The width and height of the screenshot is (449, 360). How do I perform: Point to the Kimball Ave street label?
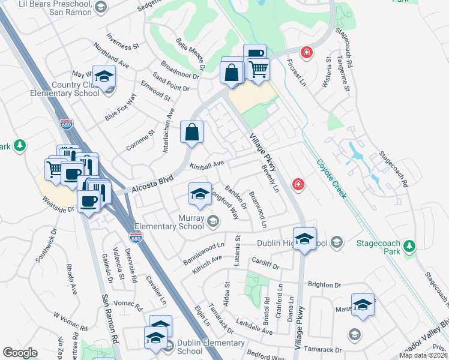click(x=206, y=164)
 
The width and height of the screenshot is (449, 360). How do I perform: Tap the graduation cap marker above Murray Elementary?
click(x=200, y=194)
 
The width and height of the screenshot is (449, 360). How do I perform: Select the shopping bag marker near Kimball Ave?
click(x=191, y=133)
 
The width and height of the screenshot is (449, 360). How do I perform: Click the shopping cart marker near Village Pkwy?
click(x=258, y=68)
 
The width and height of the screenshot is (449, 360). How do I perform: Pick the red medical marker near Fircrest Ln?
click(x=307, y=53)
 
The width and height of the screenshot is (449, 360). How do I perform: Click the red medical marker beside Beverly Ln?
click(x=297, y=184)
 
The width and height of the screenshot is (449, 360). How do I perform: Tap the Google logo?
click(x=20, y=352)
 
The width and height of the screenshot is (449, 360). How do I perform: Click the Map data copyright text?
click(x=424, y=355)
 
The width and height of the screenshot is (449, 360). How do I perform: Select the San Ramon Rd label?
click(x=104, y=316)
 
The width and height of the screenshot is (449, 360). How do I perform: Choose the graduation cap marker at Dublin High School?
click(x=304, y=239)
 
